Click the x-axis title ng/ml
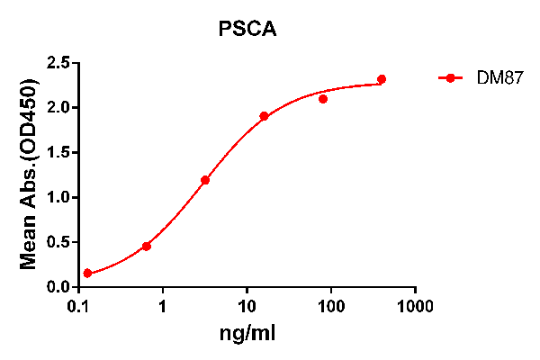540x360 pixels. (247, 334)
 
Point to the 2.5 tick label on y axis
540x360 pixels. (58, 63)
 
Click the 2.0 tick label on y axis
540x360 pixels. (58, 108)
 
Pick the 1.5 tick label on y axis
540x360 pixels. (58, 153)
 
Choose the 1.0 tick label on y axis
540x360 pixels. (58, 198)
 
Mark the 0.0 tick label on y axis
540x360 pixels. (58, 287)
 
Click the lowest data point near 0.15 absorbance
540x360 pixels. (87, 274)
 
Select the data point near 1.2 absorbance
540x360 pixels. (205, 180)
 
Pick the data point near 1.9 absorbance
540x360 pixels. (264, 116)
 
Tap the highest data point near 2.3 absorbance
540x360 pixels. (382, 79)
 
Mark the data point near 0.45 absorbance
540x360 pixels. (146, 246)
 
